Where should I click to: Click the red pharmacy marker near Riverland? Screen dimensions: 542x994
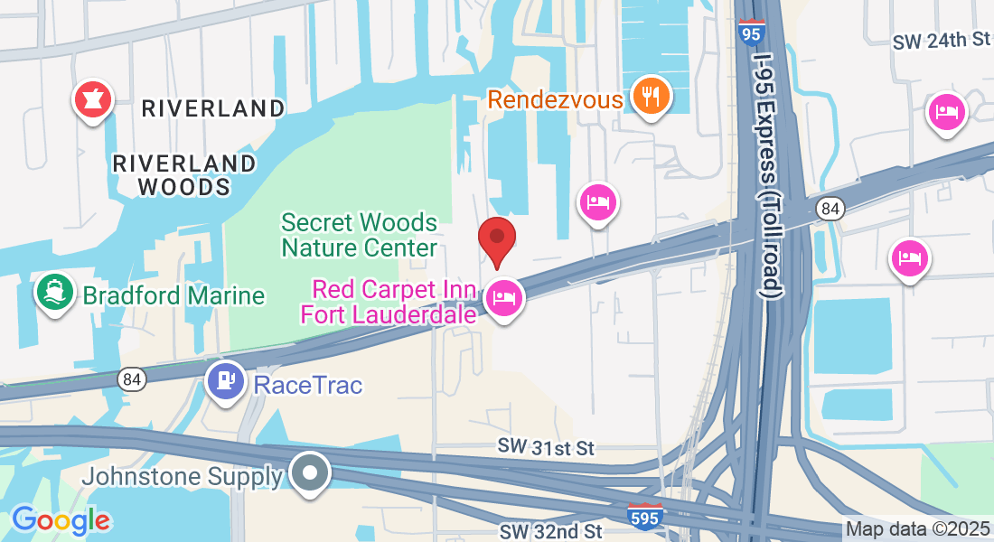tap(92, 100)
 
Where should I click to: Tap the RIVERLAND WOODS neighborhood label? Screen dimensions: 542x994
tap(184, 175)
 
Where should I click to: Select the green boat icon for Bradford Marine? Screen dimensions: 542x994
tap(55, 292)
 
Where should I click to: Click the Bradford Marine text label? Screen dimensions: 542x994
tap(173, 295)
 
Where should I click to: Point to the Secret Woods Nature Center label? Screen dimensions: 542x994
tap(359, 235)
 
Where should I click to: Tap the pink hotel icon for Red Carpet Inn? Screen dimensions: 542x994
tap(503, 297)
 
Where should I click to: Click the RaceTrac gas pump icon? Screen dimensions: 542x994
tap(226, 379)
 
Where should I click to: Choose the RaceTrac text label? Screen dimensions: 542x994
tap(308, 386)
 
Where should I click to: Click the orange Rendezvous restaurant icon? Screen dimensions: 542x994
tap(649, 95)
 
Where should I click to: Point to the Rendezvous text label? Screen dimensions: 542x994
tap(556, 98)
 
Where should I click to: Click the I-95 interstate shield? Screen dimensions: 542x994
tap(751, 32)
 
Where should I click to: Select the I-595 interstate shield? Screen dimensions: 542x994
tap(644, 516)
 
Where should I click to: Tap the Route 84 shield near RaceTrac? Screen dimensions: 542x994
tap(132, 380)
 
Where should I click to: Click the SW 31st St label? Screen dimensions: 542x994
tap(547, 448)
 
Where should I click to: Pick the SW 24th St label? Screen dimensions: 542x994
tap(942, 41)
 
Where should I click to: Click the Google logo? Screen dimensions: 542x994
tap(61, 519)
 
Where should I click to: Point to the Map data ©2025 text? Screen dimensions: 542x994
tap(918, 529)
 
